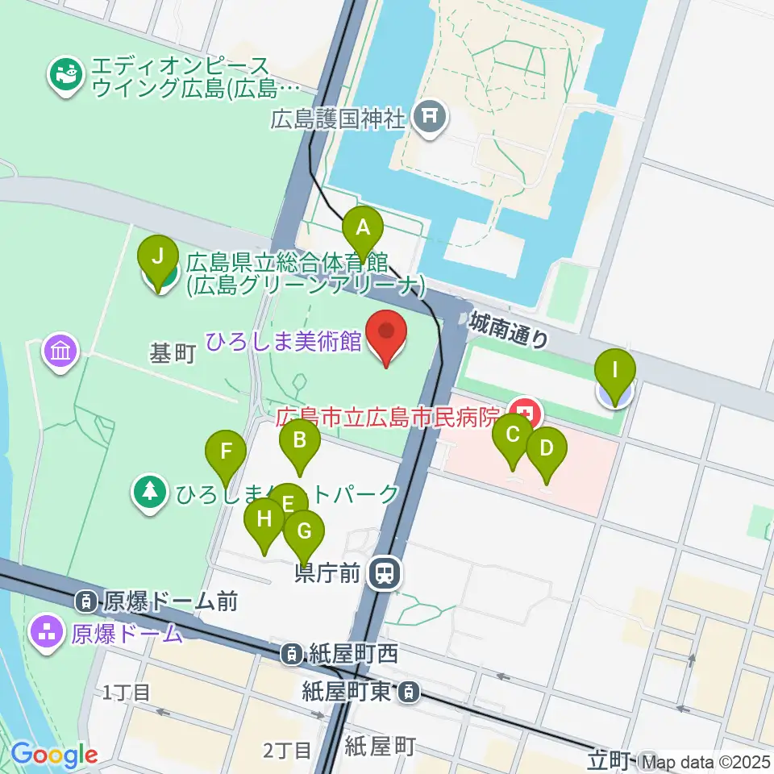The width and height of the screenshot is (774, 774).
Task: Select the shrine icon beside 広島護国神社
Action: tap(427, 120)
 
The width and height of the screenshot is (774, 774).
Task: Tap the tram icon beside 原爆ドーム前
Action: tap(85, 601)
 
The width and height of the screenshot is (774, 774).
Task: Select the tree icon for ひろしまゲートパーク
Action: tap(150, 493)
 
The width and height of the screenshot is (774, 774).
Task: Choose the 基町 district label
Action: tap(173, 355)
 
